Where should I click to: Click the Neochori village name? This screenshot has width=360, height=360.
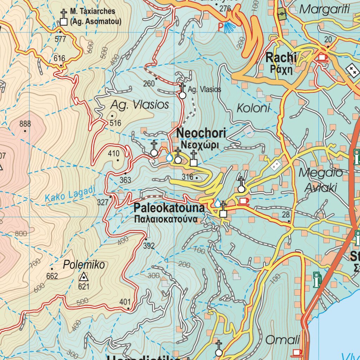(x=201, y=134)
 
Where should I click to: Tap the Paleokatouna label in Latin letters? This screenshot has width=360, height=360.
(x=169, y=208)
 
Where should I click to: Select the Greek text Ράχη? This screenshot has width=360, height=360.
(x=281, y=69)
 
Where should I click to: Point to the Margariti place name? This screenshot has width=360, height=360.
(x=325, y=9)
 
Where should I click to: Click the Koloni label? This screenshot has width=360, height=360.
(x=253, y=108)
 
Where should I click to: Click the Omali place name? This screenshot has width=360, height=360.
(x=282, y=340)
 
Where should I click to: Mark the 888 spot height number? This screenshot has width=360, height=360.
(x=25, y=124)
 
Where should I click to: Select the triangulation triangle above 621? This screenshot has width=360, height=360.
(x=84, y=277)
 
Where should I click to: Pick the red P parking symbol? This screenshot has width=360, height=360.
(x=220, y=27)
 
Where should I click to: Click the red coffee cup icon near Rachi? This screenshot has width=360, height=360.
(x=322, y=57)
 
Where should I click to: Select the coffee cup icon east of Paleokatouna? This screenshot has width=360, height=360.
(x=243, y=201)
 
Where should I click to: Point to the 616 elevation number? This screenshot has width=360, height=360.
(x=60, y=58)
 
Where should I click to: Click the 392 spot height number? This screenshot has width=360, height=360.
(x=149, y=246)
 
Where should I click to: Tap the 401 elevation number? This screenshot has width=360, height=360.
(x=125, y=302)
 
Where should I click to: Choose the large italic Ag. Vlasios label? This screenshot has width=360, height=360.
(x=140, y=105)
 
